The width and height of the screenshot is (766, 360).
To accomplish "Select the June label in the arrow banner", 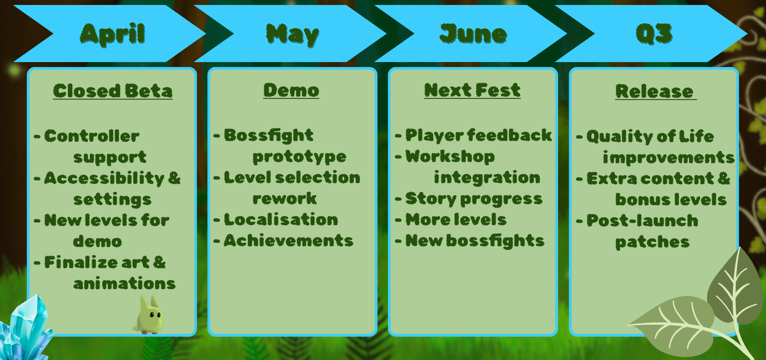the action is click(473, 34).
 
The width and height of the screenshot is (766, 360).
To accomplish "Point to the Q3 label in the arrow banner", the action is click(654, 34).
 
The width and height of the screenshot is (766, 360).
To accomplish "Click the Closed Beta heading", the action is click(113, 91).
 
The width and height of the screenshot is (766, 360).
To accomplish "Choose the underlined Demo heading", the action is click(291, 90).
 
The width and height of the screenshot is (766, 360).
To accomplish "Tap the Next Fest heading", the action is click(472, 90).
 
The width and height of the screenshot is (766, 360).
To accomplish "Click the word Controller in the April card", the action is click(92, 136).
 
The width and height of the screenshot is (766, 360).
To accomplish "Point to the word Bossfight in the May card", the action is click(269, 136).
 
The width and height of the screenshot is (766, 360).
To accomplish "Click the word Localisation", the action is click(281, 220).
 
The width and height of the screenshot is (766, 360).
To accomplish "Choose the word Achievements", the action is click(289, 241).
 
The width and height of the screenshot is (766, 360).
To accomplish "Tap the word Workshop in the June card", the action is click(450, 157).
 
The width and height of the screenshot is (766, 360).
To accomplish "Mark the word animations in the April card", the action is click(124, 284).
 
